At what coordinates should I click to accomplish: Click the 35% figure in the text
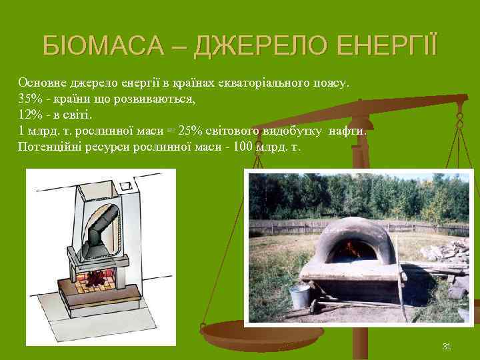[29, 99]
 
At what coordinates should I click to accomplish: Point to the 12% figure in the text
[29, 115]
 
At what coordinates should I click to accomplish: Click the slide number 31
[447, 346]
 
